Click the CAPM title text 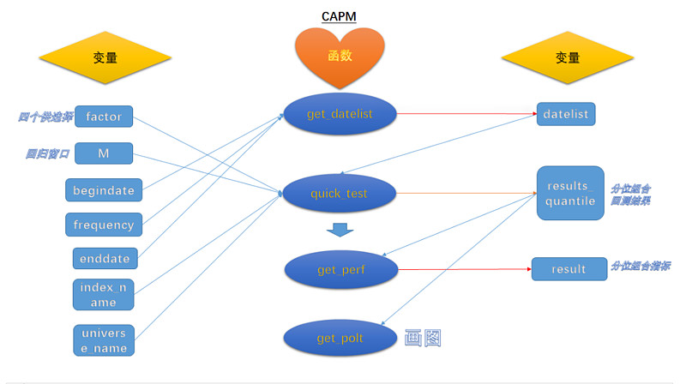click(339, 16)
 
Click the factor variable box click(104, 116)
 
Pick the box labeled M click(104, 153)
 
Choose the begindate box click(104, 189)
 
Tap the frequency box click(104, 225)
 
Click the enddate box click(104, 258)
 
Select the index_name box click(104, 295)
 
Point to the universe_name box click(104, 340)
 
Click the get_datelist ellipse click(340, 114)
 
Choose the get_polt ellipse click(340, 338)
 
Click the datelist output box click(566, 114)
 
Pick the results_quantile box click(570, 193)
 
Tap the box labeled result click(569, 269)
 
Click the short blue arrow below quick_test click(340, 230)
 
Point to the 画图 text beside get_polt click(424, 338)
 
